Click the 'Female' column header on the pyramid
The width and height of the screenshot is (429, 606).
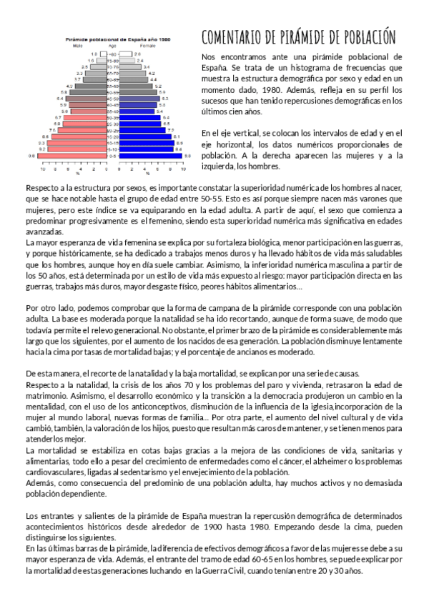pyautogui.click(x=147, y=46)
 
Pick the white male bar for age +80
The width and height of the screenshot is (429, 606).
pyautogui.click(x=102, y=54)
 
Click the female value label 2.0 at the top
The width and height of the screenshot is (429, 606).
pyautogui.click(x=137, y=54)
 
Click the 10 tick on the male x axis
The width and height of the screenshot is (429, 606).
pyautogui.click(x=43, y=167)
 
